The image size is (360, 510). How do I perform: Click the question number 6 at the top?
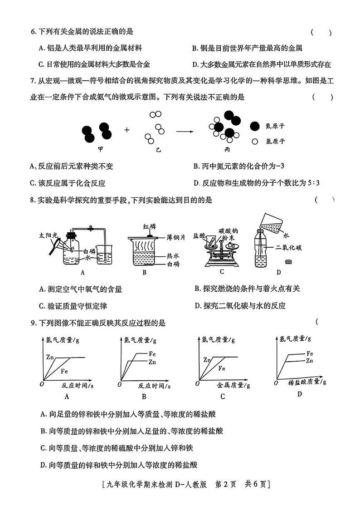33,32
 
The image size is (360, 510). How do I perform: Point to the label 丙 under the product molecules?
227,149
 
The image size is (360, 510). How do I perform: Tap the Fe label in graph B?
152,354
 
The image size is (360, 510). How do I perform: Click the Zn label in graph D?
310,361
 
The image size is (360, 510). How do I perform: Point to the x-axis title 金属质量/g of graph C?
233,385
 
